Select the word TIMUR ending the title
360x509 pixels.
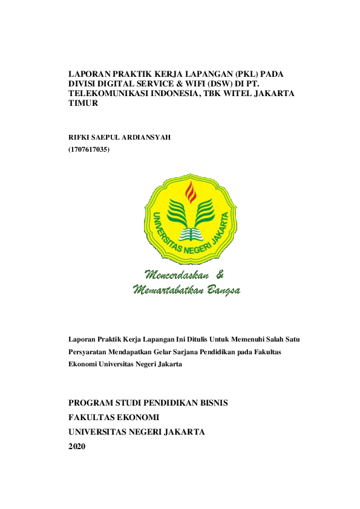83,103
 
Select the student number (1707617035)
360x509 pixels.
90,149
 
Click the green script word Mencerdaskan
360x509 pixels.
175,273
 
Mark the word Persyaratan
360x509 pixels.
91,352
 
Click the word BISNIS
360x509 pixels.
211,402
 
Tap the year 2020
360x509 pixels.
77,446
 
